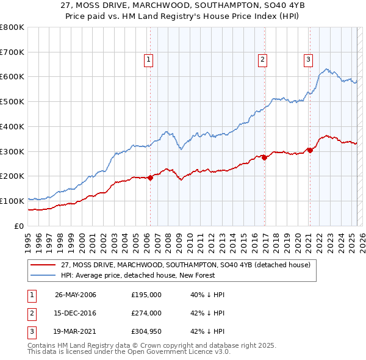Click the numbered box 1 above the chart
tap(149, 59)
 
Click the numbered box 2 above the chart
tap(262, 59)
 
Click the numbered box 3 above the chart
tap(308, 59)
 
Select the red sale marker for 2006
tap(150, 178)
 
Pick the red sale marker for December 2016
tap(265, 158)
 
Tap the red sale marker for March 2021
tap(310, 150)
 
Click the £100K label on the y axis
tap(12, 201)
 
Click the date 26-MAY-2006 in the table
tap(76, 295)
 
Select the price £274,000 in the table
tap(146, 313)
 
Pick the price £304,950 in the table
tap(146, 331)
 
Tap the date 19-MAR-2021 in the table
tap(76, 331)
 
